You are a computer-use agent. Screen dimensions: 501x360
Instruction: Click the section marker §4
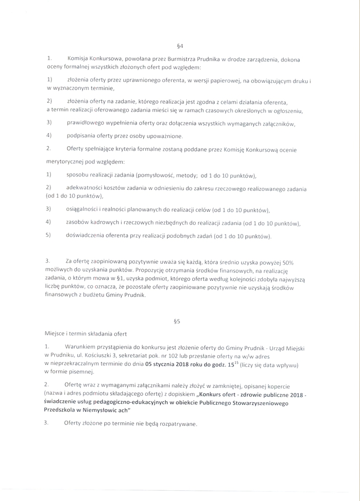(180, 46)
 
